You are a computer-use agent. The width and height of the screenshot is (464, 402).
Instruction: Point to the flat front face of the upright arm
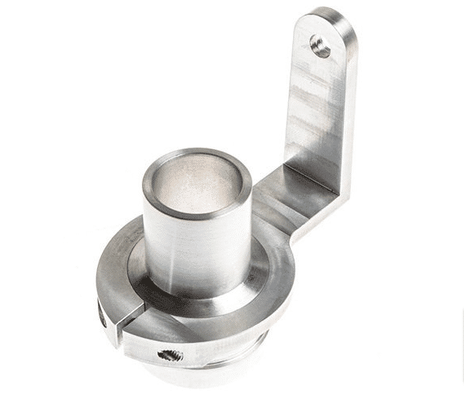point(314,112)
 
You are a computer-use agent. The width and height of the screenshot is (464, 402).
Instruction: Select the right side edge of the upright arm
point(347,120)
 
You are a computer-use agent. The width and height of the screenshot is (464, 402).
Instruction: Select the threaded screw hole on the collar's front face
point(170,354)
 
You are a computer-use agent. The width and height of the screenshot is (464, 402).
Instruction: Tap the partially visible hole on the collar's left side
point(102,317)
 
